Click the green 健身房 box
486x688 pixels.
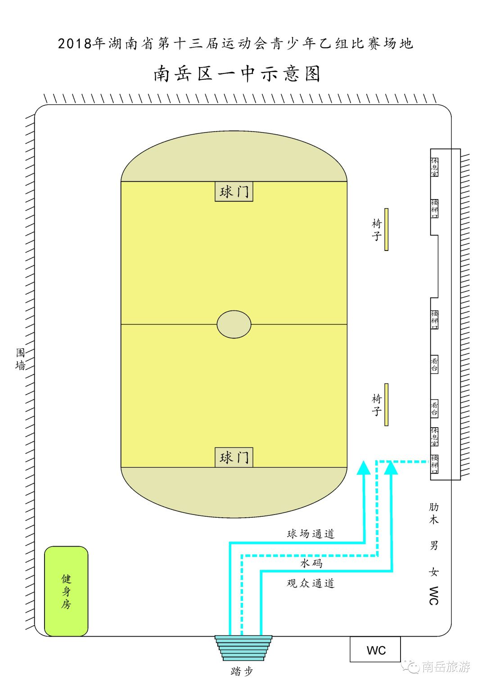[x=66, y=591]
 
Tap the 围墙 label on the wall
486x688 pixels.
[x=20, y=359]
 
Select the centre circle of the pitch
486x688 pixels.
[x=234, y=324]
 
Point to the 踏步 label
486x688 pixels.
[x=242, y=671]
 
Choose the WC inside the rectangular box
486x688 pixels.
[x=376, y=650]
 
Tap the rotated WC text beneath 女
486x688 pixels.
[x=433, y=596]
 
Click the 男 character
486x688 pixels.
[x=433, y=545]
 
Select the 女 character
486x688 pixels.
[x=433, y=572]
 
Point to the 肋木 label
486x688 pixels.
[x=433, y=513]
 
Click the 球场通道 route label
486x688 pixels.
[x=310, y=534]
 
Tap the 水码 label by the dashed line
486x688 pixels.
[x=311, y=563]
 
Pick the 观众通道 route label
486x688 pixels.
[x=310, y=583]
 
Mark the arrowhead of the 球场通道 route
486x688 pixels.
[x=364, y=468]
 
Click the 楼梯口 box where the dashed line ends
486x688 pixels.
[x=435, y=464]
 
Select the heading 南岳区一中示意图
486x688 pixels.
[x=237, y=73]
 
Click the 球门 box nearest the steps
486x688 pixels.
[x=234, y=457]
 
